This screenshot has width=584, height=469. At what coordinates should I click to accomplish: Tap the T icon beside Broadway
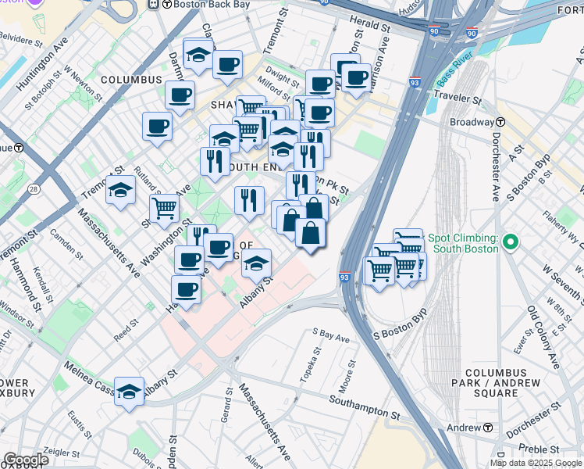tap(500, 123)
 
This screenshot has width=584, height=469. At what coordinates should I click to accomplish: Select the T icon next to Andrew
tap(488, 428)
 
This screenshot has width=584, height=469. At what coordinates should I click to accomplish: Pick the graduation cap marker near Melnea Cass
tap(129, 393)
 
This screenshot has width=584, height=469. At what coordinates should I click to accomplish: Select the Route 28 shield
tap(34, 189)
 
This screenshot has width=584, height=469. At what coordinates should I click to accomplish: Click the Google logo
tap(25, 460)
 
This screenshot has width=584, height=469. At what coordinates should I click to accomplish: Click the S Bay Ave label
tap(331, 338)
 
